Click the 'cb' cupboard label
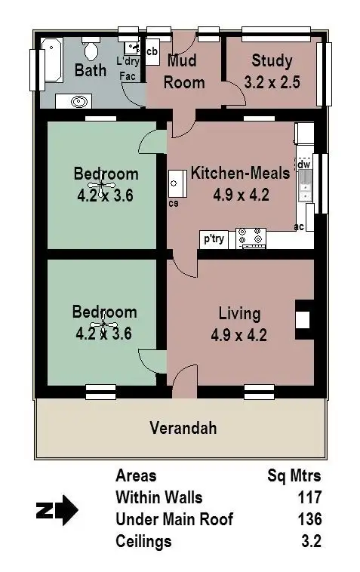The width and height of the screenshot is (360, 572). [152, 51]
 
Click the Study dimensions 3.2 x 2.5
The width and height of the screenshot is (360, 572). [272, 81]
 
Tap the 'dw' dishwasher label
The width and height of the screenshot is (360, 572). [304, 165]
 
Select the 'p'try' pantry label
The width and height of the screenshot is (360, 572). [214, 239]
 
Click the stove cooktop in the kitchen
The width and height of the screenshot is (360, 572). [251, 238]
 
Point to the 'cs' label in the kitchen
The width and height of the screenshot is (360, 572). [174, 203]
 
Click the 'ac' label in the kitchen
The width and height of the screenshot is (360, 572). [299, 226]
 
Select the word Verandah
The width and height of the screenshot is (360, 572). [183, 429]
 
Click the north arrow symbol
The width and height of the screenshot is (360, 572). [57, 510]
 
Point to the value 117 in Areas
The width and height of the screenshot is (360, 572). [309, 498]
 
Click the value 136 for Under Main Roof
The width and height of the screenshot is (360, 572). [309, 520]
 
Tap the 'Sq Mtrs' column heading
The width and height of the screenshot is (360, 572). [294, 476]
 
